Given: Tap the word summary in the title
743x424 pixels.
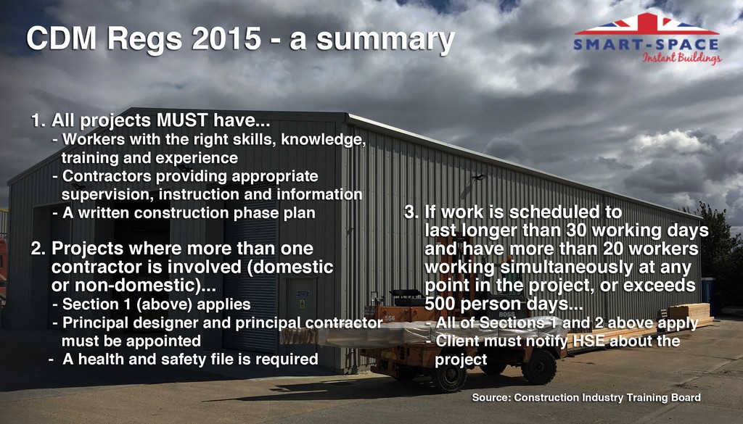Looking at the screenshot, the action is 385,41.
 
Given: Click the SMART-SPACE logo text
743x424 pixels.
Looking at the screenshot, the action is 646,45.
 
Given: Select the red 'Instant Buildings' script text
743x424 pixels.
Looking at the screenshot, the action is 682,58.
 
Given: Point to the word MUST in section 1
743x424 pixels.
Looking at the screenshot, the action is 182,120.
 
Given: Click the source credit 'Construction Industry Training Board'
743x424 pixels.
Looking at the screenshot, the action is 607,397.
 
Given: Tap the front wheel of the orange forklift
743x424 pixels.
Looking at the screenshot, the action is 448,376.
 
